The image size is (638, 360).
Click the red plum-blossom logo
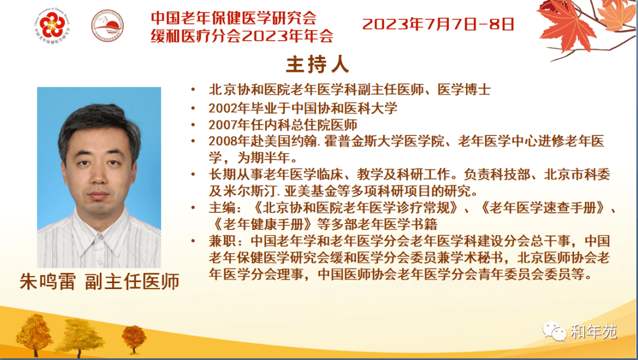point(52,25)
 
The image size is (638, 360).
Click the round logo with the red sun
point(107,25)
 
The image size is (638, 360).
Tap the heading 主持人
point(318,65)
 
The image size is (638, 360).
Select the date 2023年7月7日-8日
point(438,24)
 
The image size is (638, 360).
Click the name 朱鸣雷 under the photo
point(48,281)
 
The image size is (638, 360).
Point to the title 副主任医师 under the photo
point(132,281)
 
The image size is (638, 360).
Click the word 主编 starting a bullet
point(222,207)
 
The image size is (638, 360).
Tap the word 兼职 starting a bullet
point(222,241)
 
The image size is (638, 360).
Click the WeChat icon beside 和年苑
point(554,331)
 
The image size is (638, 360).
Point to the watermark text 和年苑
point(594,332)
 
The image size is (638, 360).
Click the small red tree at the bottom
point(134,338)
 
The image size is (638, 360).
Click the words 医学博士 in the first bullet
point(464,90)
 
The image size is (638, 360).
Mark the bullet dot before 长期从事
point(193,175)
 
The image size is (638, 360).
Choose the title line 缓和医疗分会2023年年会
point(242,36)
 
